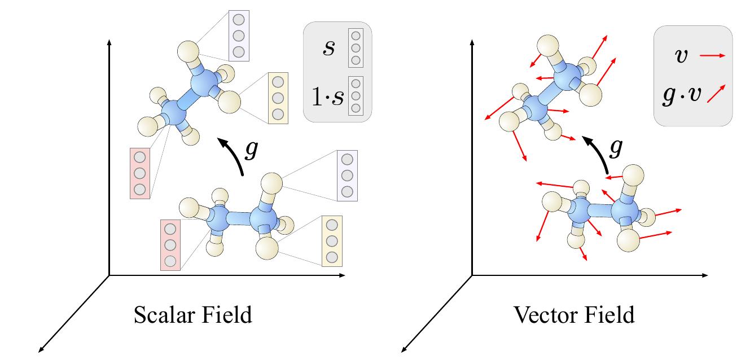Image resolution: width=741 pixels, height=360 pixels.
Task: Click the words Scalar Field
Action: click(192, 315)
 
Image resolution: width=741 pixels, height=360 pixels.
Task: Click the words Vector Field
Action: click(574, 315)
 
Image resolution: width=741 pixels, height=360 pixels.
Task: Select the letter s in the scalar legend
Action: click(328, 48)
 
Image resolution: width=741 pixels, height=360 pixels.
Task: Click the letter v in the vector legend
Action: click(681, 55)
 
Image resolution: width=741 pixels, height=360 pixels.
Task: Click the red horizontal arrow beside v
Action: click(713, 55)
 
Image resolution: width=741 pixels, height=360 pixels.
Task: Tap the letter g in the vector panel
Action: click(617, 148)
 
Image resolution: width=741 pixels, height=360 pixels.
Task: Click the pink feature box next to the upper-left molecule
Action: click(141, 173)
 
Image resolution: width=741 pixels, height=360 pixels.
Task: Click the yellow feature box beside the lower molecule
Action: click(332, 241)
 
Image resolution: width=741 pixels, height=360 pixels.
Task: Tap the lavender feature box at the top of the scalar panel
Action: click(239, 35)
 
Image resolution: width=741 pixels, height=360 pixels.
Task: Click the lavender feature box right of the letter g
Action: click(347, 175)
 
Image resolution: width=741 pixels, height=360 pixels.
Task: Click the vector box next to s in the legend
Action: click(356, 47)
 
